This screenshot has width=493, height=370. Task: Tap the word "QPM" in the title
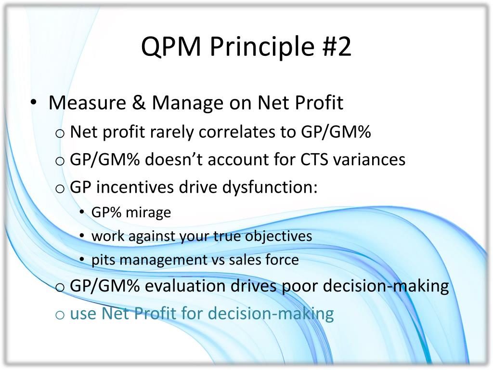coord(171,47)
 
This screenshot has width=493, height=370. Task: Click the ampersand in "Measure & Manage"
coord(139,103)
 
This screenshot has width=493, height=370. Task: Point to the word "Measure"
coord(88,103)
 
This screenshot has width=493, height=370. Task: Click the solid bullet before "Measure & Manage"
coord(34,102)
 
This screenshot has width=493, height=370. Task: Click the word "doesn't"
coord(173,159)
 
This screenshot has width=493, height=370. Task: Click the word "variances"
coord(369,159)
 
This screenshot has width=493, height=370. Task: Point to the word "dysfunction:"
coord(270,187)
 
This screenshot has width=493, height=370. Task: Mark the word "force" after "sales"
coord(282,260)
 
